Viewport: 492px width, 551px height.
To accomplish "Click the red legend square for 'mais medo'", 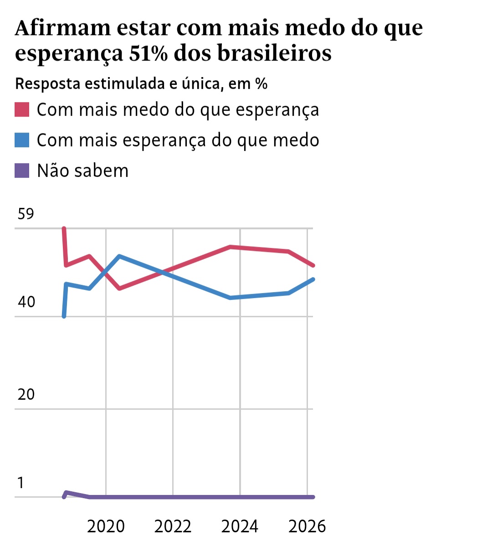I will [22, 110].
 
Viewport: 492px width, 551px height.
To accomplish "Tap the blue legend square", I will [22, 140].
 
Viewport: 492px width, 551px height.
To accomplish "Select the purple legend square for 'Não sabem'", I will [22, 171].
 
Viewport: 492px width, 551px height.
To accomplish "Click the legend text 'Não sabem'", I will [82, 171].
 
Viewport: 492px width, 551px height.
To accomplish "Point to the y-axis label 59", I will [26, 214].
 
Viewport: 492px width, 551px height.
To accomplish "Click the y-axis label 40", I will [26, 302].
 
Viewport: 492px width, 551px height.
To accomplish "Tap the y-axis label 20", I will [26, 394].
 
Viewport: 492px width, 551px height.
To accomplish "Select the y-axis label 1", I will [20, 483].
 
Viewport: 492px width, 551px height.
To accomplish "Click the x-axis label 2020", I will [106, 526].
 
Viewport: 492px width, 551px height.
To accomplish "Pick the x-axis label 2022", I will [173, 526].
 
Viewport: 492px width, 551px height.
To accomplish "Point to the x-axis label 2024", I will [240, 526].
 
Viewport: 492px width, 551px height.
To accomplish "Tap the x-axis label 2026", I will [307, 526].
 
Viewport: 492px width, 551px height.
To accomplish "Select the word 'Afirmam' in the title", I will [62, 28].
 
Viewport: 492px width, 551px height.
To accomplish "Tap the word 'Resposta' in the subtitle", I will [48, 84].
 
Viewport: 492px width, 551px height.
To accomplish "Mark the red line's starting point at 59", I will [64, 228].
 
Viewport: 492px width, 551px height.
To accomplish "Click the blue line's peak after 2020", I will [119, 256].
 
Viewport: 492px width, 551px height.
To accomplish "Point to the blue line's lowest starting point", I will [64, 316].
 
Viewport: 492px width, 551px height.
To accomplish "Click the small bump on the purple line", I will [67, 492].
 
